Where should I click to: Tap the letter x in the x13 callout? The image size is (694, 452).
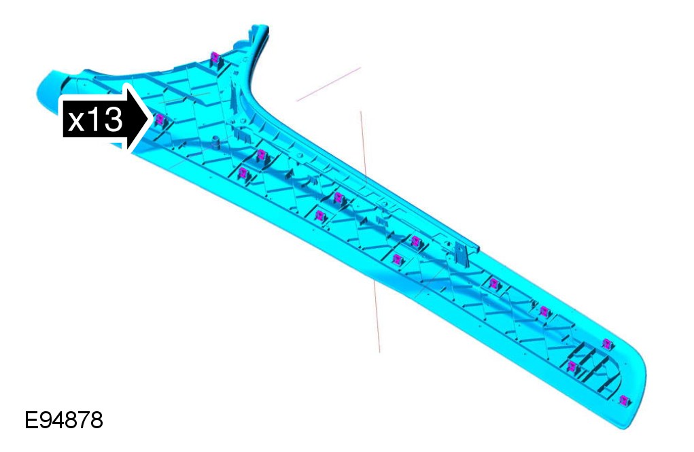(75, 121)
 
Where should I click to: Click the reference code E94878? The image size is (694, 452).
(64, 419)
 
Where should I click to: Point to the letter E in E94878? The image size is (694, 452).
(31, 419)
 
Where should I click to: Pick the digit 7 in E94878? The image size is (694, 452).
(84, 419)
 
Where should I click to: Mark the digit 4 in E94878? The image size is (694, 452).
(57, 419)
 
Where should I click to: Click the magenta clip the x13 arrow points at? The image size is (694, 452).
(159, 119)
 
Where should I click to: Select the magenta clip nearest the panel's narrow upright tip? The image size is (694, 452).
(215, 57)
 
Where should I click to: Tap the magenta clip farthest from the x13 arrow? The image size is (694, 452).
(623, 400)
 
